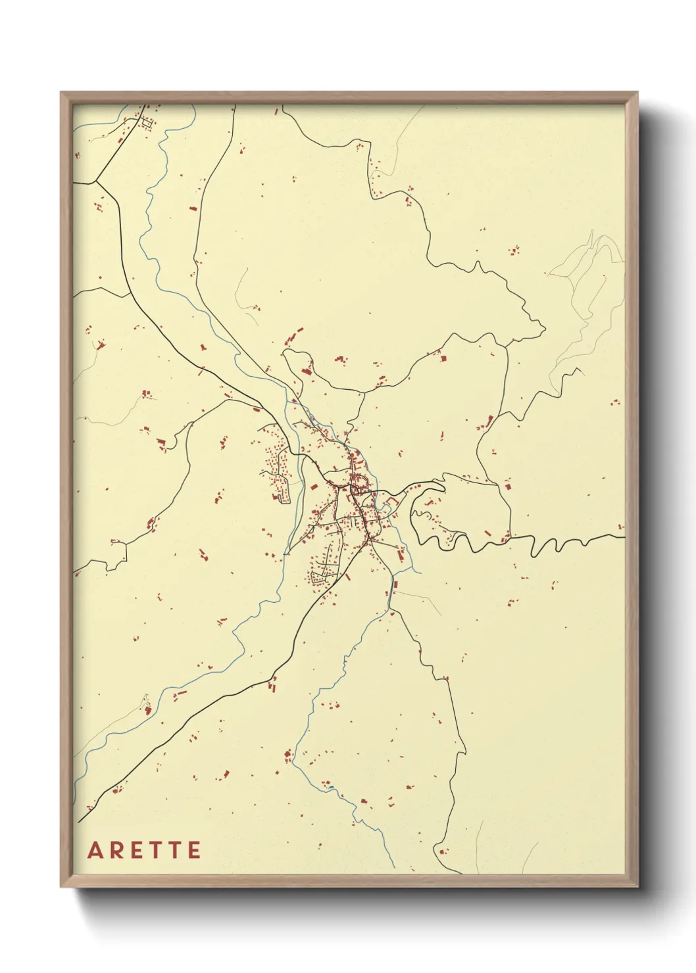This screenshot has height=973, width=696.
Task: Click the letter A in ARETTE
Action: click(x=96, y=850)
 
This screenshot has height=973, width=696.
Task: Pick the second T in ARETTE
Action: click(x=175, y=850)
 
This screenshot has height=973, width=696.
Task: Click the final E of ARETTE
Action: click(x=194, y=850)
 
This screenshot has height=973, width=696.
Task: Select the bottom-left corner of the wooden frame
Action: click(x=62, y=886)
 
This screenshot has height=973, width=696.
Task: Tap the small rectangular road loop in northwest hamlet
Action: click(x=146, y=122)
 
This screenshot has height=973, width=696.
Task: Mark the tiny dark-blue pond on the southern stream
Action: click(x=395, y=583)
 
